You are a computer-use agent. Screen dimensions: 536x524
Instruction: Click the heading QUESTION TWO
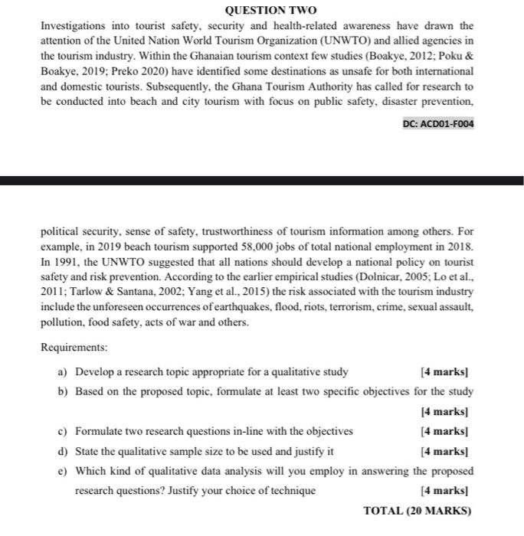[x=262, y=10]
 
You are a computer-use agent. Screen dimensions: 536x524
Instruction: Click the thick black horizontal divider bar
[x=262, y=181]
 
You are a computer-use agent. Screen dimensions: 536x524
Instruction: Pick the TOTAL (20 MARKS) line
[x=418, y=511]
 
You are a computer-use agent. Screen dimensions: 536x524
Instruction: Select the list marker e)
[x=63, y=471]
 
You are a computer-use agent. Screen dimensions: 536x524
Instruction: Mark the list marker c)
[x=63, y=431]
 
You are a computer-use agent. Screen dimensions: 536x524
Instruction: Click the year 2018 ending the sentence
[x=460, y=249]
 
